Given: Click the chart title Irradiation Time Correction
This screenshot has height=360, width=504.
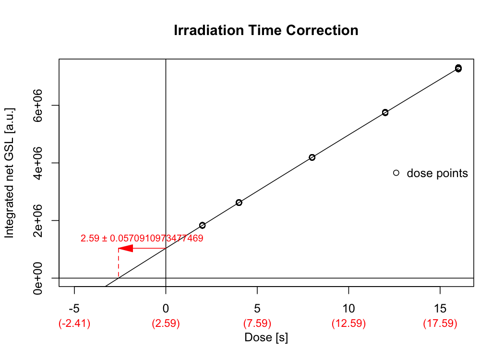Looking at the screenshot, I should pyautogui.click(x=266, y=31).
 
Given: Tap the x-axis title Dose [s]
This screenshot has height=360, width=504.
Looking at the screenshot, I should pyautogui.click(x=266, y=337).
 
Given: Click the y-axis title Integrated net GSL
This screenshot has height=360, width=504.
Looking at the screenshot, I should pyautogui.click(x=10, y=173).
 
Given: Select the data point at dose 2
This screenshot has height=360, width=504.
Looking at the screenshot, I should pyautogui.click(x=203, y=225).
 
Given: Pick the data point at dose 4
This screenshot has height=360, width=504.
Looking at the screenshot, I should pyautogui.click(x=239, y=203).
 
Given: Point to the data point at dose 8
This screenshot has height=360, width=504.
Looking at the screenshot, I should pyautogui.click(x=312, y=157).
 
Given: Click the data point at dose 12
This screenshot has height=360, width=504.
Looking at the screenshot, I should pyautogui.click(x=385, y=112).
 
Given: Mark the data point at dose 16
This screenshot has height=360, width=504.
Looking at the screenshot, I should pyautogui.click(x=458, y=68).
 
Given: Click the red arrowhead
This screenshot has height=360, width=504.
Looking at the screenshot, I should pyautogui.click(x=125, y=248).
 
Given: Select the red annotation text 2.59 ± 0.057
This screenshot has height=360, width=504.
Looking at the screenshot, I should pyautogui.click(x=142, y=238).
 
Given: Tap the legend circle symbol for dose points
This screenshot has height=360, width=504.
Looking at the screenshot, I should pyautogui.click(x=396, y=173).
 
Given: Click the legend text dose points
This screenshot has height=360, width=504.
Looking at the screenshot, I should pyautogui.click(x=437, y=173).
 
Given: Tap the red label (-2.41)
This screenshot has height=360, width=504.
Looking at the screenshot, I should pyautogui.click(x=74, y=324).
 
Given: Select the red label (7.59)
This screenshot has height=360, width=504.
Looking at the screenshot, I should pyautogui.click(x=257, y=324).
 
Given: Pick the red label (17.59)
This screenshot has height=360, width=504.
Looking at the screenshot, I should pyautogui.click(x=440, y=324).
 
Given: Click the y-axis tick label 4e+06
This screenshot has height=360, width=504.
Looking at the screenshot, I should pyautogui.click(x=40, y=163).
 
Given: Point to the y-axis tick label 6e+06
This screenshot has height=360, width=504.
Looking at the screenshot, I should pyautogui.click(x=40, y=105).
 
